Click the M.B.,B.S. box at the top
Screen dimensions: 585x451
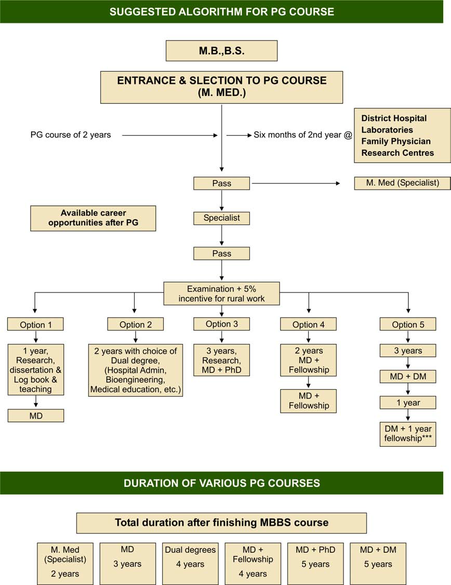point(221,51)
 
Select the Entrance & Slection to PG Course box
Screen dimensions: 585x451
point(221,87)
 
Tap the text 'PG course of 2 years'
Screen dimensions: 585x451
point(71,135)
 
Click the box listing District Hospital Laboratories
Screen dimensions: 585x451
point(402,136)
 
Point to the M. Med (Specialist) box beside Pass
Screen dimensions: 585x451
point(402,183)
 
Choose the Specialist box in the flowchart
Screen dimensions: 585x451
point(221,218)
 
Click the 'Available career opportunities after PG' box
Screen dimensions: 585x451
point(93,218)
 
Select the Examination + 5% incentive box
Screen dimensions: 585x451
point(221,294)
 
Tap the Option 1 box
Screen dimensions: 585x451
point(36,325)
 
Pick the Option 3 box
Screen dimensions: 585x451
point(221,324)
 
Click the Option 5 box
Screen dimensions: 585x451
point(408,325)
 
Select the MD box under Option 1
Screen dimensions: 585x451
point(36,415)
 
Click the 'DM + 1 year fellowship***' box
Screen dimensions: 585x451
point(408,434)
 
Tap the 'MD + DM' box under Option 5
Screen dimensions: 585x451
point(408,376)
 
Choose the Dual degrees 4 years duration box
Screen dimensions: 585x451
point(190,564)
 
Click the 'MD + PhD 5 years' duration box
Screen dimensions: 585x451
point(315,564)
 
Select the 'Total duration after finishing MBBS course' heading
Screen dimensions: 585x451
point(221,523)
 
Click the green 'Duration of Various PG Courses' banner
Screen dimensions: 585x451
point(221,483)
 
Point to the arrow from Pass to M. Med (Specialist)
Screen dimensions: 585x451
point(295,183)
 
